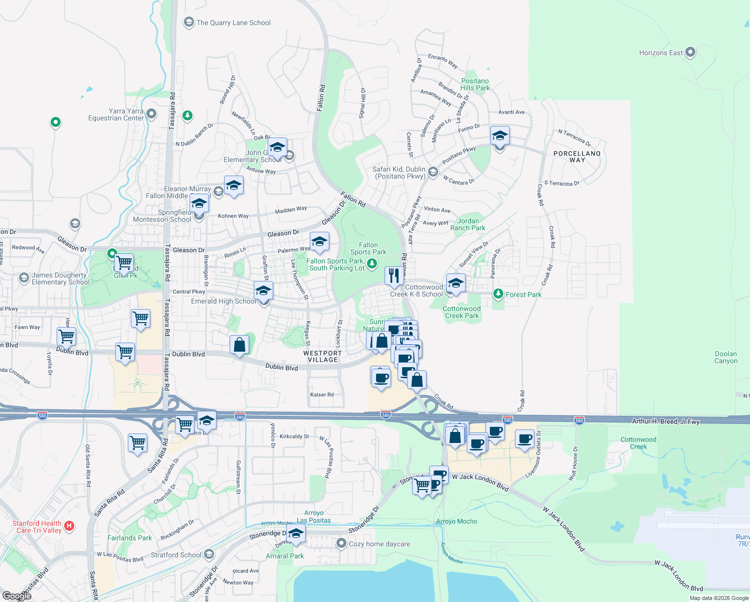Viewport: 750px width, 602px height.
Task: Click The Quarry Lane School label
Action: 233,23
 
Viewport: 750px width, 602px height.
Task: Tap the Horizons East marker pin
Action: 690,52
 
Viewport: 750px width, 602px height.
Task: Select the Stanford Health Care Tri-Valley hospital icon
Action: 70,526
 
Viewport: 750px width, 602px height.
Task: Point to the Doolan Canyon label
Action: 725,357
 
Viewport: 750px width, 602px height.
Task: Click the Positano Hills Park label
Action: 475,84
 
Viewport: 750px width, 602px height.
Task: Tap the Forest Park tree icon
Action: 498,294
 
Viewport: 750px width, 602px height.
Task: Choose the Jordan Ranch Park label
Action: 467,224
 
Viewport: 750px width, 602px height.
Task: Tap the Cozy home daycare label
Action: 379,544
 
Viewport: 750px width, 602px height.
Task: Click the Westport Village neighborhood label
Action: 322,356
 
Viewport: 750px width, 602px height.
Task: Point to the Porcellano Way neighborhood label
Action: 577,157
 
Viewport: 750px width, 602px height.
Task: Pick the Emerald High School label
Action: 224,301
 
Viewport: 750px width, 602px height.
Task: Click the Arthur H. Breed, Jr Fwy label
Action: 665,421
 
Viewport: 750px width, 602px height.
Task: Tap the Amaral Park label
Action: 285,556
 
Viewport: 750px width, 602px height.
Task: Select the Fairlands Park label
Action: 129,538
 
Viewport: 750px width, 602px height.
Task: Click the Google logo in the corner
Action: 17,595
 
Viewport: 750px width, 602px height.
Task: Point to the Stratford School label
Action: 176,555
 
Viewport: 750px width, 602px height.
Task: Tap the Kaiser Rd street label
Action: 322,395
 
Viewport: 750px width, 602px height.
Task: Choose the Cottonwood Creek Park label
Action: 462,312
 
